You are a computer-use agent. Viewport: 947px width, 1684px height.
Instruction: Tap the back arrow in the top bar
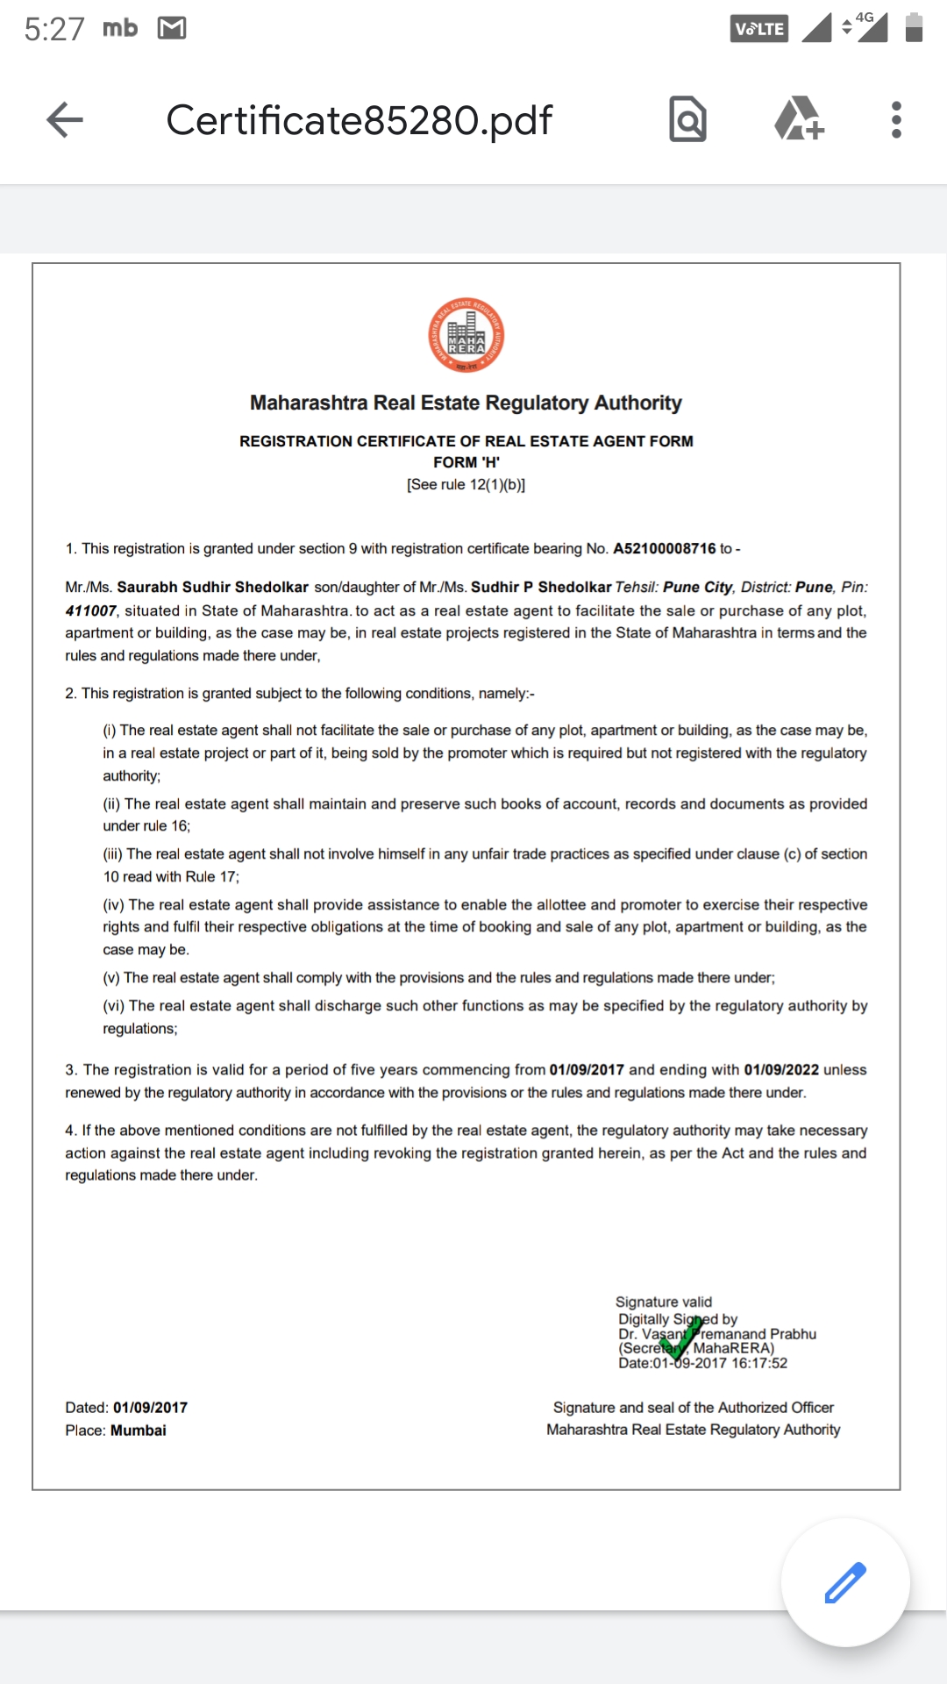pyautogui.click(x=65, y=120)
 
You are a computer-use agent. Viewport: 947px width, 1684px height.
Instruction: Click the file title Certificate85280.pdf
pyautogui.click(x=360, y=120)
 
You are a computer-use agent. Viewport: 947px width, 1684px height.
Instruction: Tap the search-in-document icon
pyautogui.click(x=687, y=120)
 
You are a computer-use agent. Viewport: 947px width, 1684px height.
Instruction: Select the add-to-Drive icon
pyautogui.click(x=799, y=119)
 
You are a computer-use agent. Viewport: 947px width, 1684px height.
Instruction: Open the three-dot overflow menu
pyautogui.click(x=896, y=120)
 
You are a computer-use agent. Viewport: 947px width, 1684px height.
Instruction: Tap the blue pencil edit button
pyautogui.click(x=845, y=1582)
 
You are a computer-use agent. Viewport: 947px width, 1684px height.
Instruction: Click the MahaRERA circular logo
pyautogui.click(x=466, y=336)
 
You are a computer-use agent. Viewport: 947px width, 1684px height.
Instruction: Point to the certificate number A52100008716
pyautogui.click(x=664, y=548)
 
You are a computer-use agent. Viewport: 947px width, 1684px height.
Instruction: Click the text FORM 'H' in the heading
pyautogui.click(x=466, y=462)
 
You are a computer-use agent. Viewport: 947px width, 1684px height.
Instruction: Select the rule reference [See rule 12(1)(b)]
pyautogui.click(x=466, y=484)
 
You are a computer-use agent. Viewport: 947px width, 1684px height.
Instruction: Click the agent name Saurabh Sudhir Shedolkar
pyautogui.click(x=213, y=587)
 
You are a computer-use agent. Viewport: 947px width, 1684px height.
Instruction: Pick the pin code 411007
pyautogui.click(x=90, y=610)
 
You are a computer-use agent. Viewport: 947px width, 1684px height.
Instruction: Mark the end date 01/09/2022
pyautogui.click(x=781, y=1070)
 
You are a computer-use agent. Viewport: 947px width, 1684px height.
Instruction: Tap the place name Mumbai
pyautogui.click(x=139, y=1431)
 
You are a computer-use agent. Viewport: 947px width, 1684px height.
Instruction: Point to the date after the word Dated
pyautogui.click(x=150, y=1408)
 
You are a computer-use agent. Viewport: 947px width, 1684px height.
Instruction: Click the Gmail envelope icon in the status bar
pyautogui.click(x=172, y=28)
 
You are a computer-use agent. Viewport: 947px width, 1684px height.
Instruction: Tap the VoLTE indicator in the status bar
pyautogui.click(x=759, y=28)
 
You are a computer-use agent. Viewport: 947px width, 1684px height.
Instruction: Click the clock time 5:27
pyautogui.click(x=54, y=29)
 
